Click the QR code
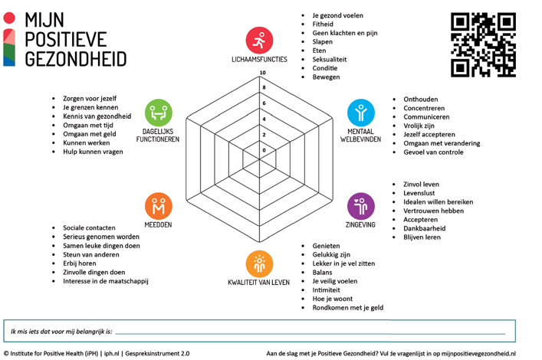pos(483,44)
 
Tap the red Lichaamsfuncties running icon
pos(259,40)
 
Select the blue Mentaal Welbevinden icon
pos(360,113)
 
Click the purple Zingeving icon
pos(360,206)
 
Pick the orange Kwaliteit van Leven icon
pos(259,263)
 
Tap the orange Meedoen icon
pos(158,206)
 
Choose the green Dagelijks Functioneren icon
pos(158,113)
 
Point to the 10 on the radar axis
pos(263,74)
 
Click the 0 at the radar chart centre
pos(264,150)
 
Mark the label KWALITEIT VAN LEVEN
pos(259,283)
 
